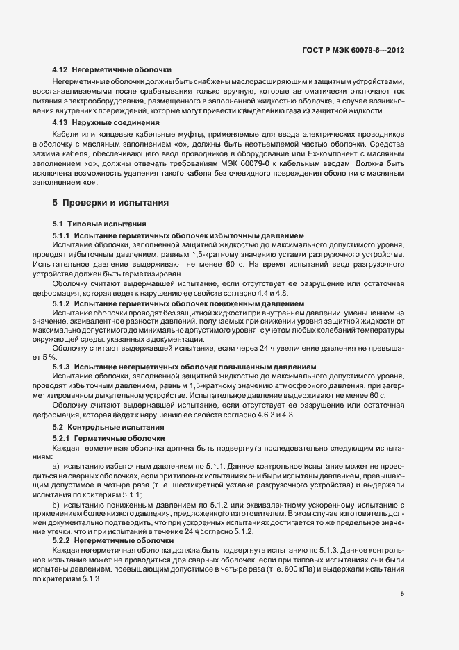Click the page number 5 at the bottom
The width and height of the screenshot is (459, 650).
point(403,594)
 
